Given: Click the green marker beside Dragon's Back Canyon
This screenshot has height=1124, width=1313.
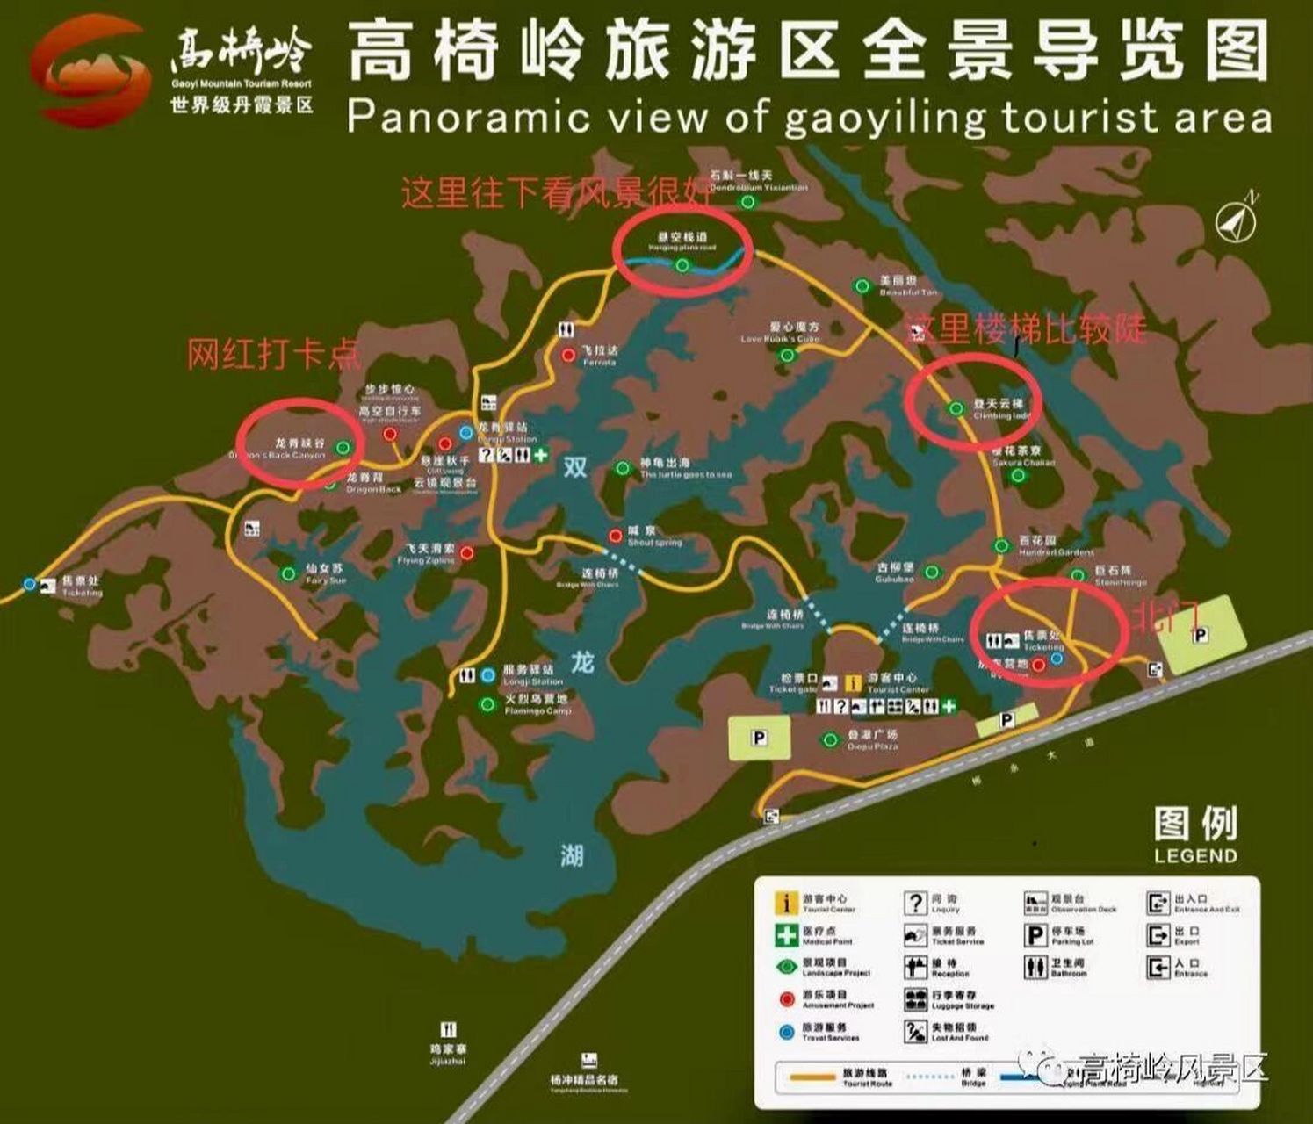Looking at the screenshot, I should click(x=343, y=447).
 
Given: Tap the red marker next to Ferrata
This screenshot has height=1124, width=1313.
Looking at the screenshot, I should click(x=568, y=356).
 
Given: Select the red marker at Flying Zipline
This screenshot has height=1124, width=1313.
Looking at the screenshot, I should click(x=466, y=552).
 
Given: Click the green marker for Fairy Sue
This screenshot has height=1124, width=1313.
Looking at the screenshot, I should click(x=288, y=574).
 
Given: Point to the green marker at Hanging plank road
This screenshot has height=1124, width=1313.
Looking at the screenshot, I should click(x=682, y=265).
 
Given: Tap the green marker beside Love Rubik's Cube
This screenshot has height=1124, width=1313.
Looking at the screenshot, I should click(x=787, y=356).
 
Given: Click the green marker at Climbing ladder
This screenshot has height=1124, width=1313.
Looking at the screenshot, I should click(x=956, y=408).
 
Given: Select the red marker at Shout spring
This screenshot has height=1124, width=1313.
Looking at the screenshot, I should click(x=617, y=537).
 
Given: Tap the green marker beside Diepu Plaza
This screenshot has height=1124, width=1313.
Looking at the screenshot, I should click(x=829, y=740).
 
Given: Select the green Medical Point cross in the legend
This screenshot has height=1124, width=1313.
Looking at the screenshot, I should click(x=786, y=935).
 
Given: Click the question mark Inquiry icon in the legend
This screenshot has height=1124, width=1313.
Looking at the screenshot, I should click(x=915, y=903).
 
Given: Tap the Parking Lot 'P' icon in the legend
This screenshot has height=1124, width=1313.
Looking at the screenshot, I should click(x=1035, y=935).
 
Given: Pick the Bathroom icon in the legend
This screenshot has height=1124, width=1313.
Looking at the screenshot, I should click(x=1035, y=968).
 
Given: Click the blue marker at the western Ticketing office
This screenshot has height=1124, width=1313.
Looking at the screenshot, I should click(x=31, y=584).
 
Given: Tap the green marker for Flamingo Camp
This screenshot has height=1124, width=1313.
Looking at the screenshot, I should click(x=487, y=704).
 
